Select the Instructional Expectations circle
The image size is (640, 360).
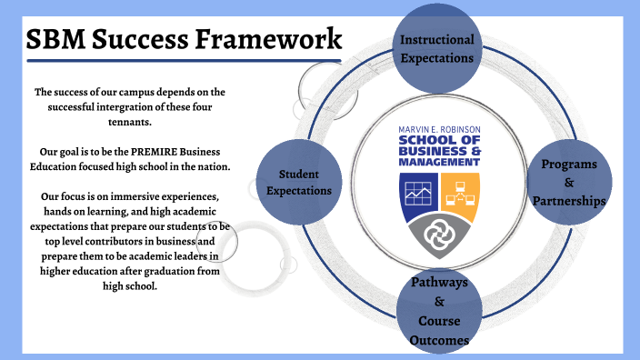437,47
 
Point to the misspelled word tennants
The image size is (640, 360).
128,121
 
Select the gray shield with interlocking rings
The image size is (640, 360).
439,233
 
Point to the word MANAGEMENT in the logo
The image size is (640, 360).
439,162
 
